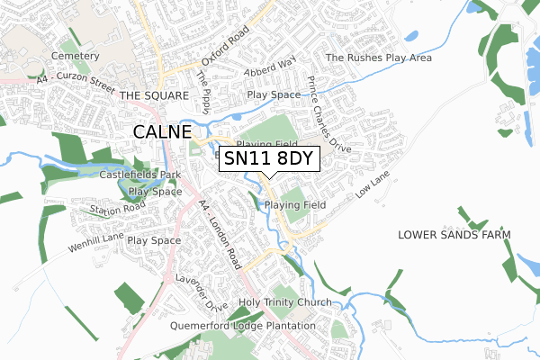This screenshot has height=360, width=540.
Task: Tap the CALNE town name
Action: [x=162, y=131]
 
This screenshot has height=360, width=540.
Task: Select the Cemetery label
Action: [x=76, y=56]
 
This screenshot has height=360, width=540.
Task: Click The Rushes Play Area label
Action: [x=378, y=58]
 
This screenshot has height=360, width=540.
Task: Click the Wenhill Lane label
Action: [x=95, y=242]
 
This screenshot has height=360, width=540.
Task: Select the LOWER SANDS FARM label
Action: [x=454, y=234]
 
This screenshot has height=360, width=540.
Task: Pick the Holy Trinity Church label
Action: [x=285, y=302]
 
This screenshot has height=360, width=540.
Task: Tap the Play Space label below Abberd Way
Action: [x=273, y=94]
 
